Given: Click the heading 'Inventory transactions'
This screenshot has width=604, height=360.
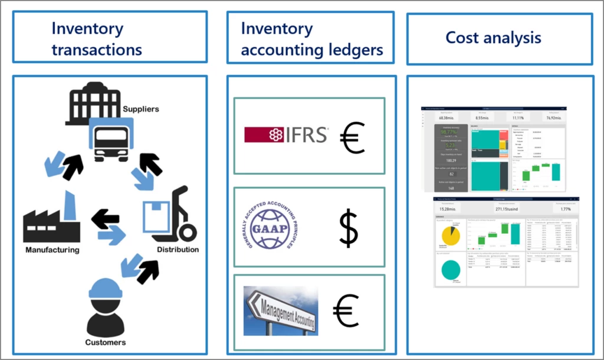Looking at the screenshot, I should pos(97,38).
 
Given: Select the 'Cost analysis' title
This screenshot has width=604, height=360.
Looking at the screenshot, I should pos(493,38).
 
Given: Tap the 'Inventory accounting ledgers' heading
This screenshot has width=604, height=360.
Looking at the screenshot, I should pos(312,38).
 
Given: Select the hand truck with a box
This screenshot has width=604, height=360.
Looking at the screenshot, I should pos(170,215).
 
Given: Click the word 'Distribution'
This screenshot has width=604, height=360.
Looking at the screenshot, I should pos(178,250).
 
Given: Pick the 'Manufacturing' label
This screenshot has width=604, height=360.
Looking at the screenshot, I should pos(52,250).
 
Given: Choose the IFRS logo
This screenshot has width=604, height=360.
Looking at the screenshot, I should pos(286,135).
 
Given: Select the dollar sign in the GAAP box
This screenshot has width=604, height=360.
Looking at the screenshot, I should pos(349,230).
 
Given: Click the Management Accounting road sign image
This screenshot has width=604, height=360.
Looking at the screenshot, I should pos(281,310).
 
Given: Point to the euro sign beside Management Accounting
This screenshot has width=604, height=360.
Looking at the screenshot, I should pos(346,310).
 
